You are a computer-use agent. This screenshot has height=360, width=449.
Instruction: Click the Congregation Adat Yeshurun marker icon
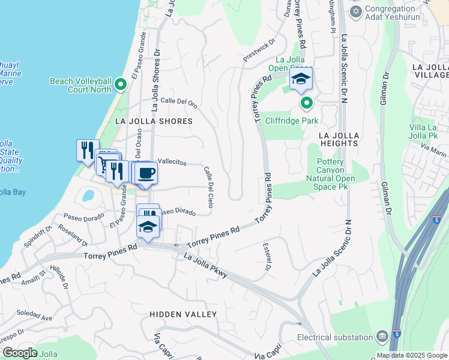point(356,11)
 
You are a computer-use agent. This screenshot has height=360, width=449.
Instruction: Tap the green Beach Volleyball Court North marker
point(121,85)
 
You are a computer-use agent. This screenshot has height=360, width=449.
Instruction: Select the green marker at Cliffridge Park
point(307,104)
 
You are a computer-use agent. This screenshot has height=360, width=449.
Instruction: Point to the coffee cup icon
point(146,173)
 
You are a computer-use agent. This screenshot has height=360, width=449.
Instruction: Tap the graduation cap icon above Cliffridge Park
point(301,79)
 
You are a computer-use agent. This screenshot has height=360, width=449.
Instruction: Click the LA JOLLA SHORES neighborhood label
point(153,121)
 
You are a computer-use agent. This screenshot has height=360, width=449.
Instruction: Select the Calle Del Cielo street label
point(208,187)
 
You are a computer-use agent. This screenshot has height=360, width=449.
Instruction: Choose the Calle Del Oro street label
point(179,102)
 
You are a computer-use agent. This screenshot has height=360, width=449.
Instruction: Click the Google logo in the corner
point(19,353)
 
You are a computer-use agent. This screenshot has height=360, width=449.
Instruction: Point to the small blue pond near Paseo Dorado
point(89,196)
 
